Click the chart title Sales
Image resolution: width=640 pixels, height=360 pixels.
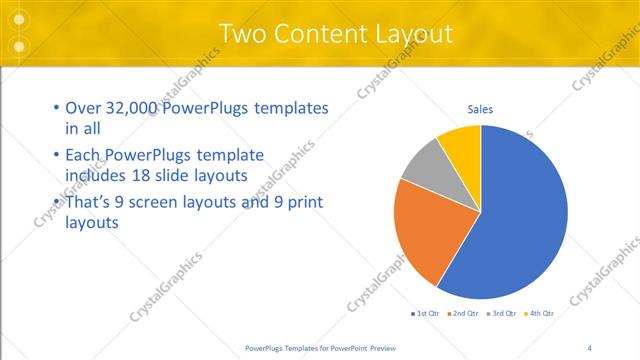coord(480,109)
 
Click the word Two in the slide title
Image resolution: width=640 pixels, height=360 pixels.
coord(242,34)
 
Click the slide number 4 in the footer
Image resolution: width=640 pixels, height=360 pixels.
coord(589,348)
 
